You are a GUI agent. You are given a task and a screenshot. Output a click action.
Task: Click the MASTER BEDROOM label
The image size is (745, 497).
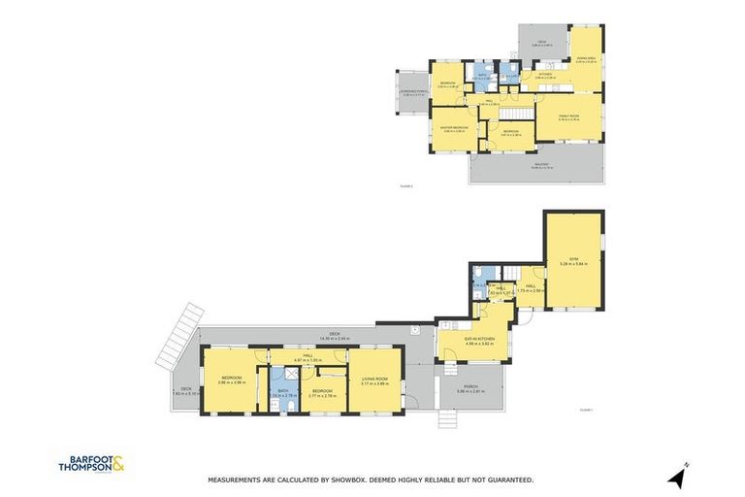pos(454,129)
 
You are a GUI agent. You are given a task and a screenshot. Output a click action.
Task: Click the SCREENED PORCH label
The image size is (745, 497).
pos(412,93)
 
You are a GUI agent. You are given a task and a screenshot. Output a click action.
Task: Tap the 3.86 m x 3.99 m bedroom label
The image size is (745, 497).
pos(230,380)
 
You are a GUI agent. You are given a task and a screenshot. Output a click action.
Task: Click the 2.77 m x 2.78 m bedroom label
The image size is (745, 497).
pos(322,393)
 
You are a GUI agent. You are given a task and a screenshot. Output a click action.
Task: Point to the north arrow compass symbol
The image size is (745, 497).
pos(676,475)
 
